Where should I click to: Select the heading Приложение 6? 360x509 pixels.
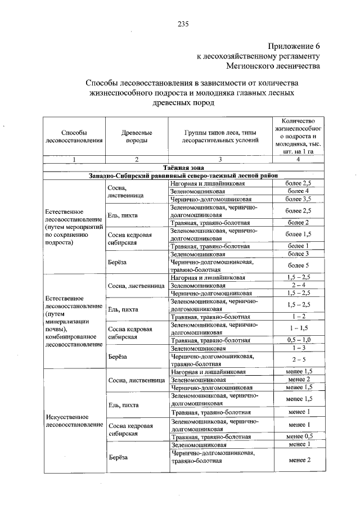click(x=293, y=46)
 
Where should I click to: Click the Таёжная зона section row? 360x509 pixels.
click(x=183, y=168)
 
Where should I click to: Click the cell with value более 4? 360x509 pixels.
click(x=298, y=191)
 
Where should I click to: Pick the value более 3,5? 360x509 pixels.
click(x=298, y=199)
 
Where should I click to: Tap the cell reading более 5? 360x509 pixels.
click(x=298, y=265)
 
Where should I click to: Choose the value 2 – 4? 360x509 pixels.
click(x=298, y=286)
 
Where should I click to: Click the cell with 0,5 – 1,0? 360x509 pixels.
click(x=298, y=340)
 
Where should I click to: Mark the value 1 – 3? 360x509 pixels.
click(x=298, y=349)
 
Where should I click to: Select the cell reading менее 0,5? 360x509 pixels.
click(x=298, y=436)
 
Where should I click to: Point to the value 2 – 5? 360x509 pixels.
click(x=298, y=360)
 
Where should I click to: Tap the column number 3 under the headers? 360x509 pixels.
click(x=220, y=160)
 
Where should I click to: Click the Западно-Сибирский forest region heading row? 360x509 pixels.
click(x=183, y=175)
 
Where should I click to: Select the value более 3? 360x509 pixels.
click(x=298, y=254)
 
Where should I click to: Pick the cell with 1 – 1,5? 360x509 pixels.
click(x=298, y=328)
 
